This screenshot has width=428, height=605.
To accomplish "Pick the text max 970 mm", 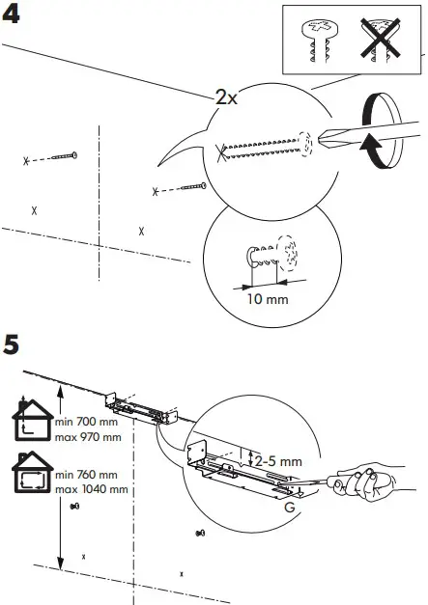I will [88, 438].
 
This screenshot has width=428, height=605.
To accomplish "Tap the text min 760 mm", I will [89, 476].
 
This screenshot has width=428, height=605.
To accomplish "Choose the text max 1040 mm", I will [92, 489].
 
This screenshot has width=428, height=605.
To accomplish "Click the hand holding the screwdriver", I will [372, 486].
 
